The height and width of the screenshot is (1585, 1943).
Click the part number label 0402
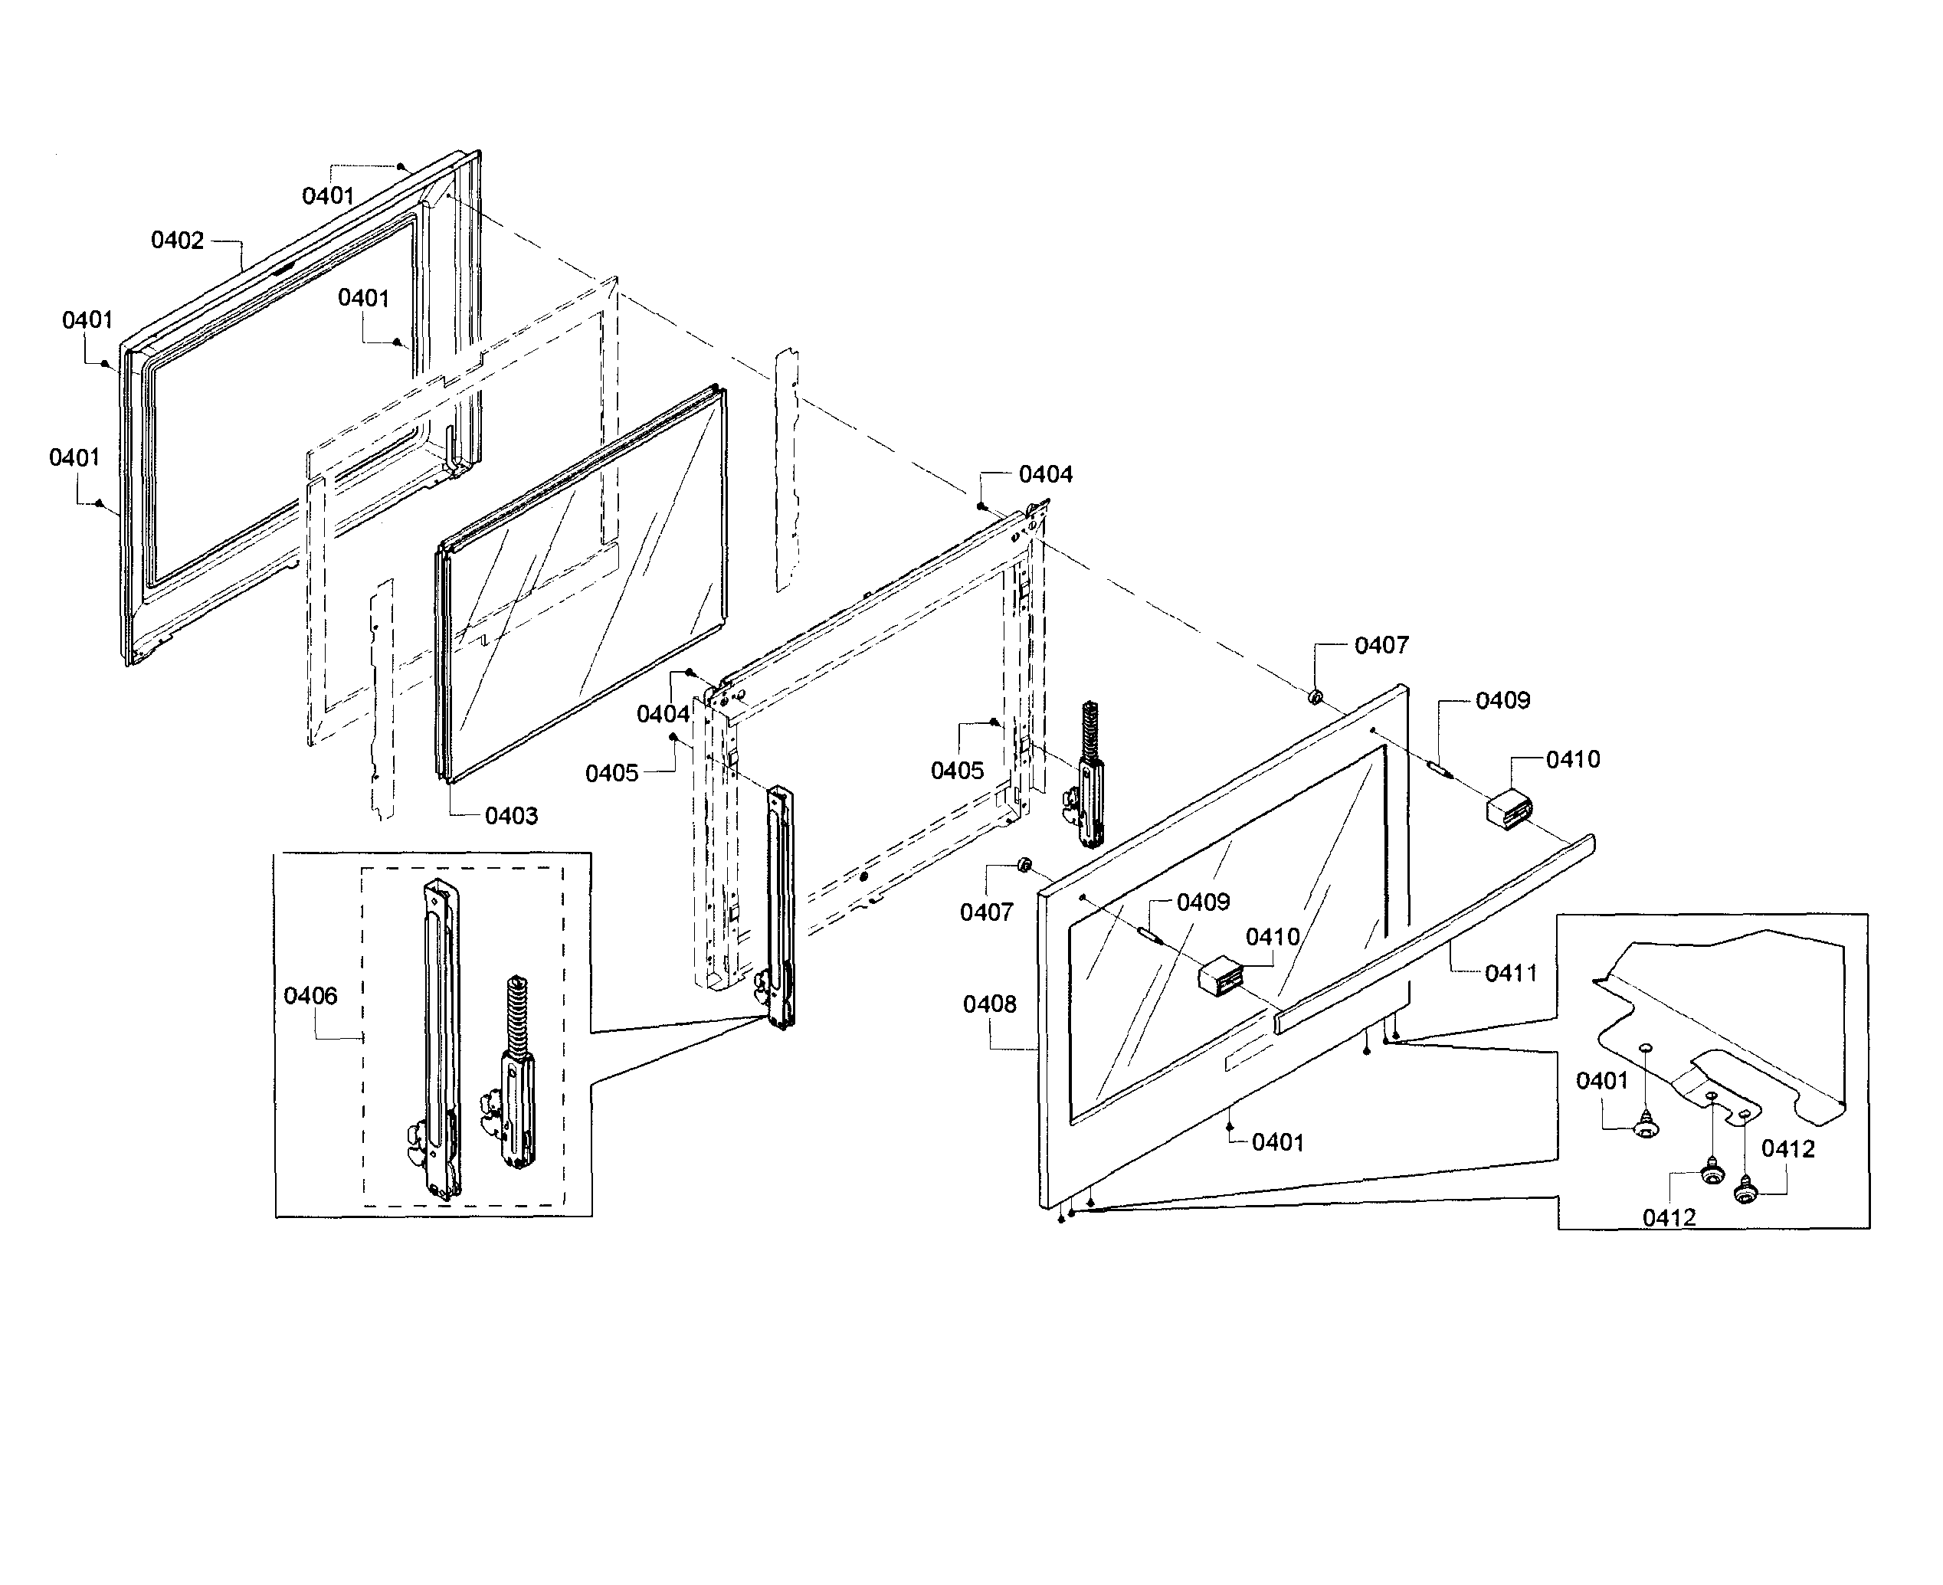(x=177, y=240)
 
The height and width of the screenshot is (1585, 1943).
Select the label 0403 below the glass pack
(x=511, y=815)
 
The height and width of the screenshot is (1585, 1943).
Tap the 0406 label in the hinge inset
(x=310, y=995)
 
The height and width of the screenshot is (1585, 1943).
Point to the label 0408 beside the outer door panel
(x=990, y=1004)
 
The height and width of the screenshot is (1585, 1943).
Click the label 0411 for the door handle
(x=1511, y=973)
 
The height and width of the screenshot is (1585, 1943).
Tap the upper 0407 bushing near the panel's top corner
(x=1316, y=698)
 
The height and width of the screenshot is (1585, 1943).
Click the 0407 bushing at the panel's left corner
(x=1024, y=865)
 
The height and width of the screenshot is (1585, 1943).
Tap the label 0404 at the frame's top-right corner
(x=1046, y=475)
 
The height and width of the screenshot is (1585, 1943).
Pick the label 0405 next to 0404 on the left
(x=611, y=773)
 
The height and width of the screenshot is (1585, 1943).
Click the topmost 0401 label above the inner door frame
(x=328, y=195)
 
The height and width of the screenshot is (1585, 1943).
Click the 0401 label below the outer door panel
(x=1277, y=1142)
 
